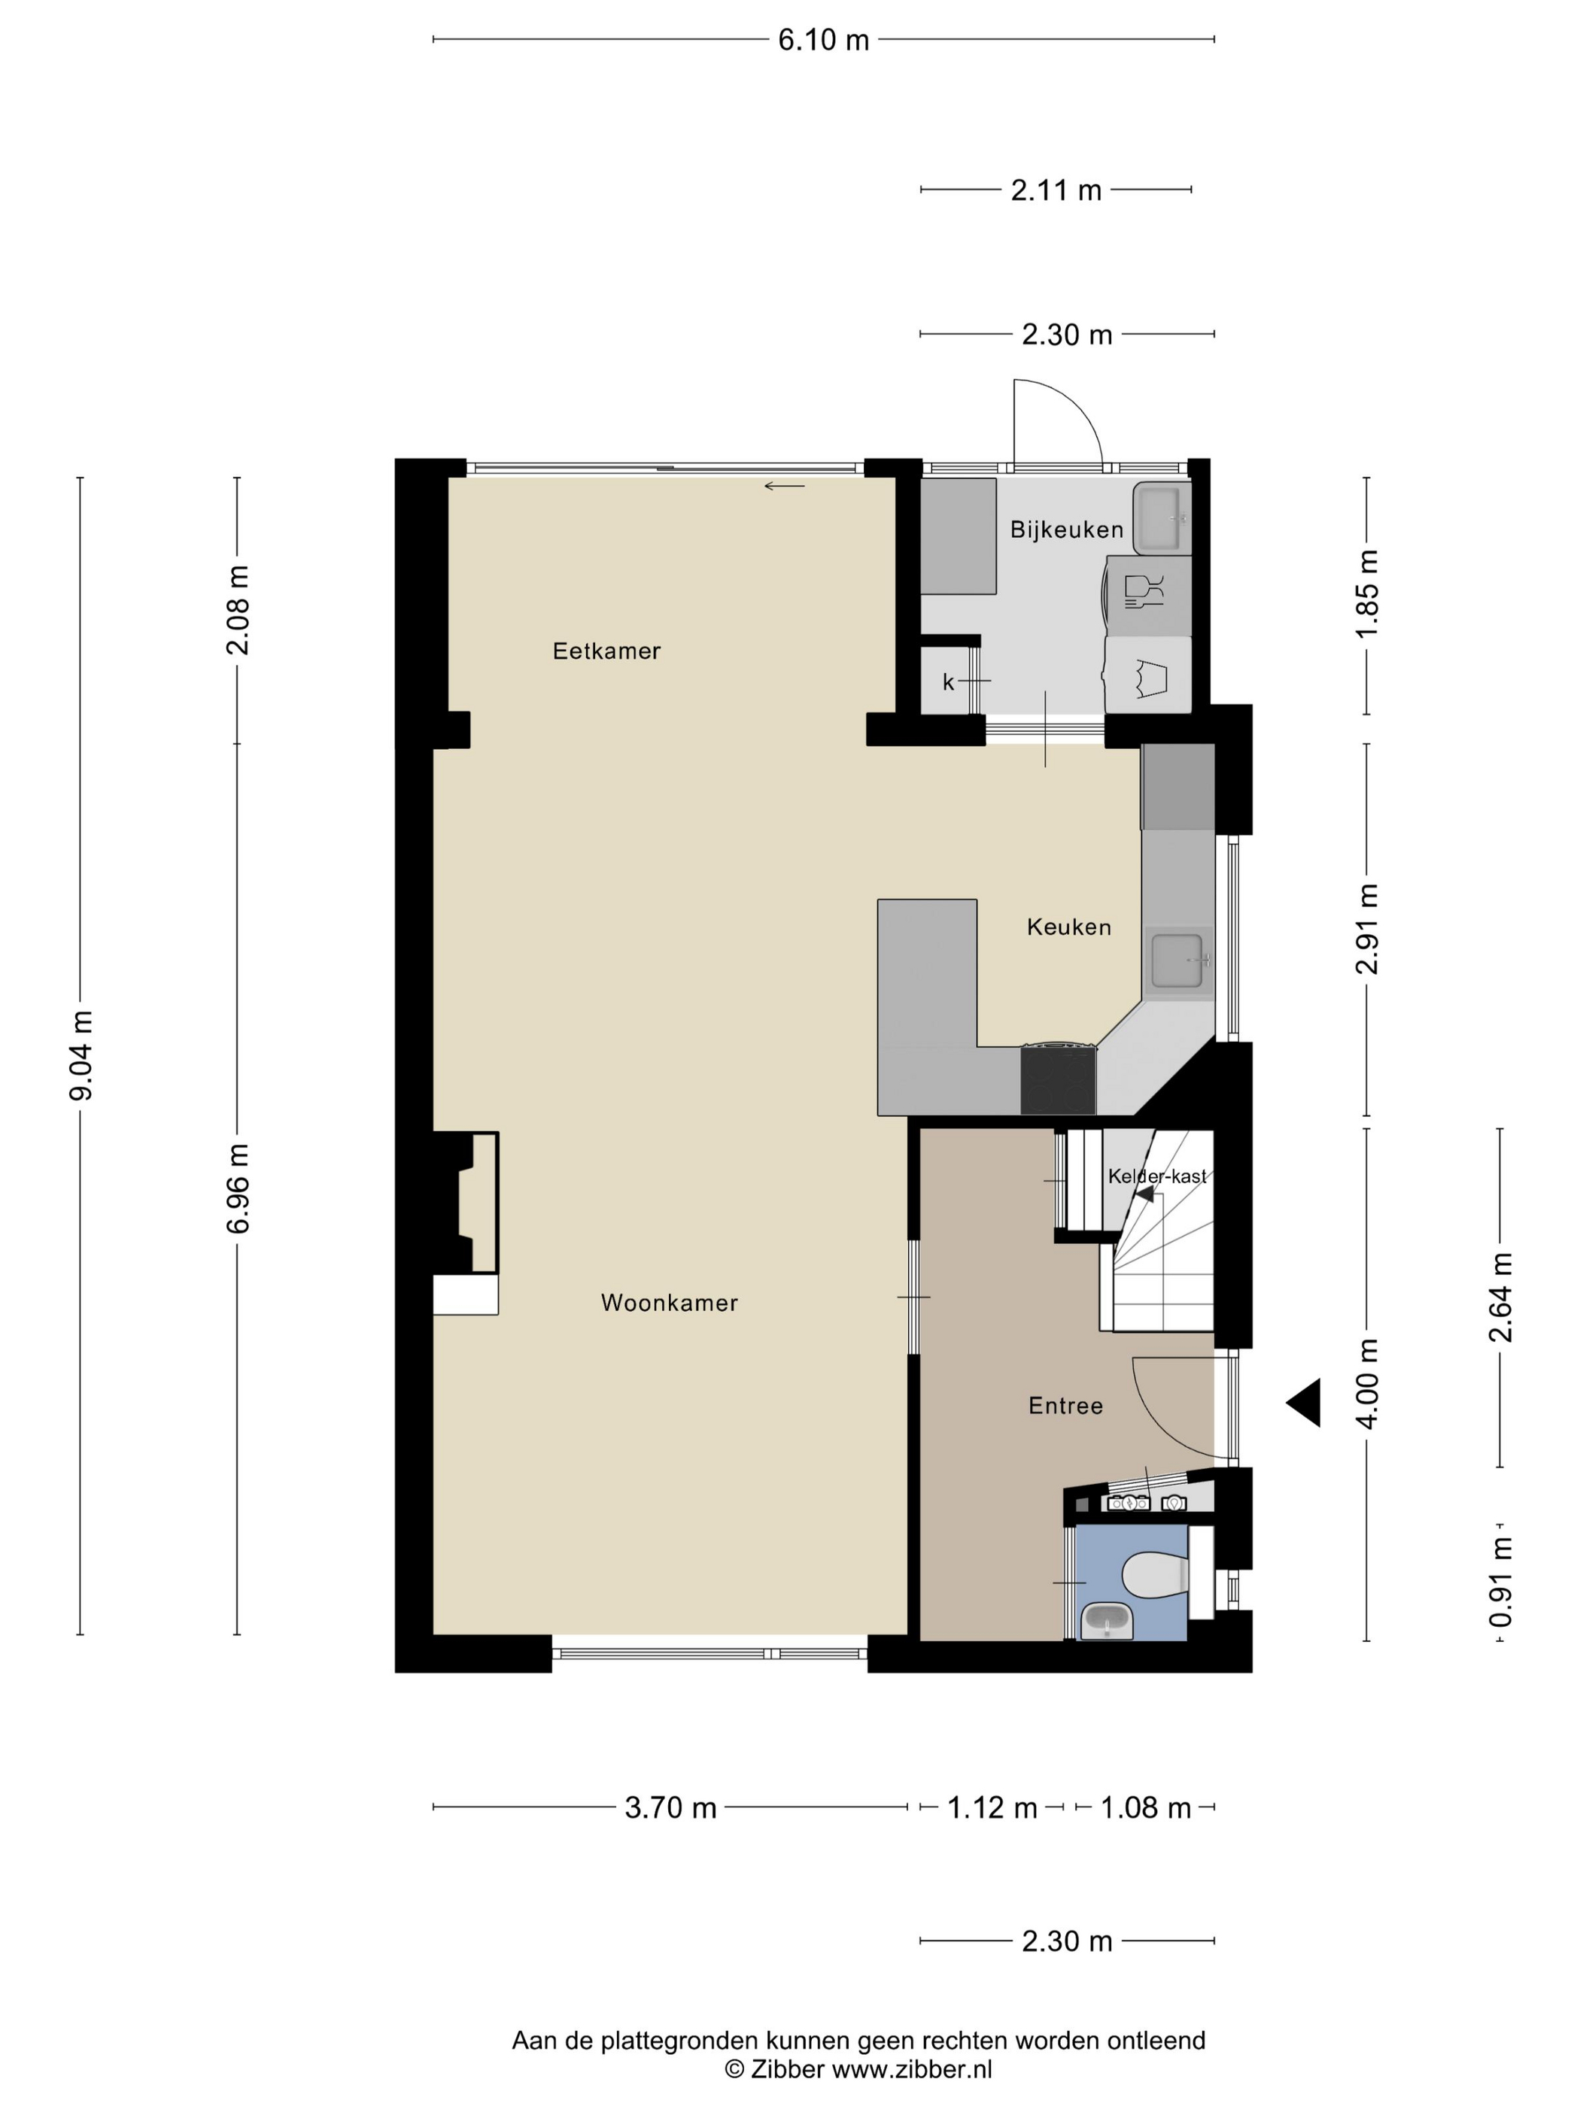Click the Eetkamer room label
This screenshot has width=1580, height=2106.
coord(606,651)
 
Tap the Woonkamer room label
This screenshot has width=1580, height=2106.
coord(670,1303)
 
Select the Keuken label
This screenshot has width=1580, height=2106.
coord(1068,927)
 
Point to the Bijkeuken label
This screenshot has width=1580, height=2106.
coord(1067,530)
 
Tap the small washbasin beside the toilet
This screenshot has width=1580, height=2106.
coord(1107,1619)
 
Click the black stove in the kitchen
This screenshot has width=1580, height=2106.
coord(1058,1079)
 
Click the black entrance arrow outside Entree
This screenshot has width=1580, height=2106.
coord(1304,1403)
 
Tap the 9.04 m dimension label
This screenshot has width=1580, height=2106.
coord(82,1055)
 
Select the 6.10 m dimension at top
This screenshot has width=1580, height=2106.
coord(824,40)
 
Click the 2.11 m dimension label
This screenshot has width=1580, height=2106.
coord(1056,190)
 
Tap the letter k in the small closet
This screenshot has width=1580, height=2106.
coord(949,681)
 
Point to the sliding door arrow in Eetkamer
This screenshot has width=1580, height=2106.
coord(785,487)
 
